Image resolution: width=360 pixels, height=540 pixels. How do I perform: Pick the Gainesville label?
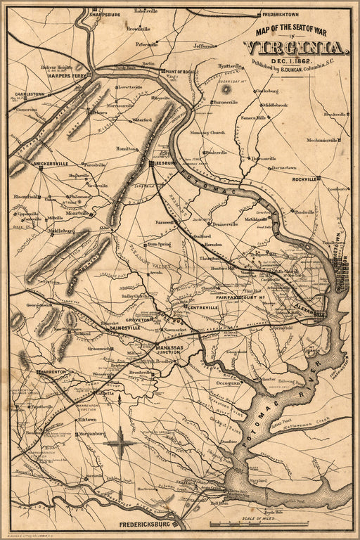[x=124, y=328]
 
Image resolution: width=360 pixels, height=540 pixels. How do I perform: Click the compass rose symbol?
[x=120, y=443]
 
